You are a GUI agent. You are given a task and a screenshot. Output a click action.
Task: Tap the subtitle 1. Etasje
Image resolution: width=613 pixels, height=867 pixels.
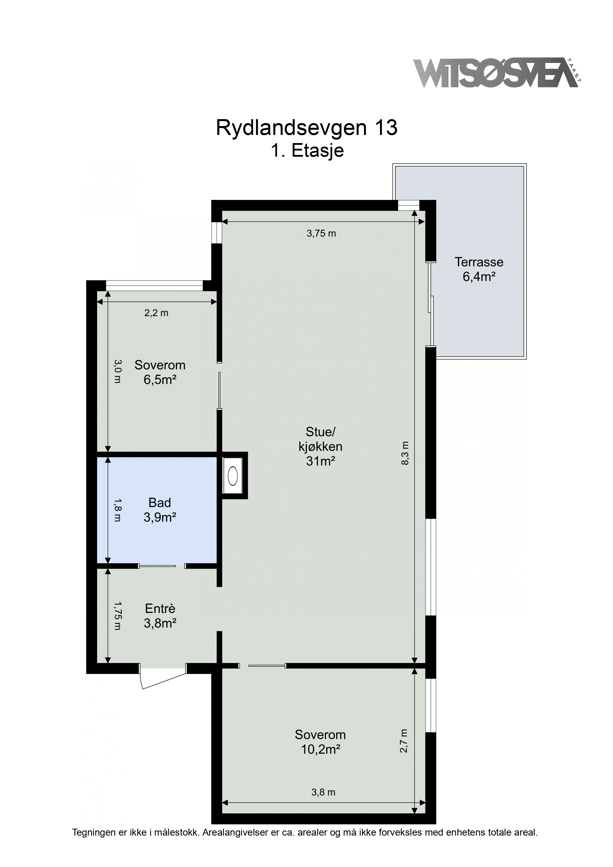307,151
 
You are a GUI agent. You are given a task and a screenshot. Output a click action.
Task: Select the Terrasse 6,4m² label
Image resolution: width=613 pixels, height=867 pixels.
479,269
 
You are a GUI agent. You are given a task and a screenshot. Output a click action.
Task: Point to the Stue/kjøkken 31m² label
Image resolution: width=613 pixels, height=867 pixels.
321,446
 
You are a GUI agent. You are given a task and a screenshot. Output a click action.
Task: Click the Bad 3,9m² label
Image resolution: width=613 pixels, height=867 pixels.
160,510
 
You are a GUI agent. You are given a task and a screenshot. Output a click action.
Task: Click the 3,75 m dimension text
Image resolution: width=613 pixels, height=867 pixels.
321,233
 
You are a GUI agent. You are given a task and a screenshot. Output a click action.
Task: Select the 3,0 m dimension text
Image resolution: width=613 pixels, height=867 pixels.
117,371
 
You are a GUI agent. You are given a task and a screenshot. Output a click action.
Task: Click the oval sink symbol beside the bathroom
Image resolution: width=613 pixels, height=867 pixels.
233,476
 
